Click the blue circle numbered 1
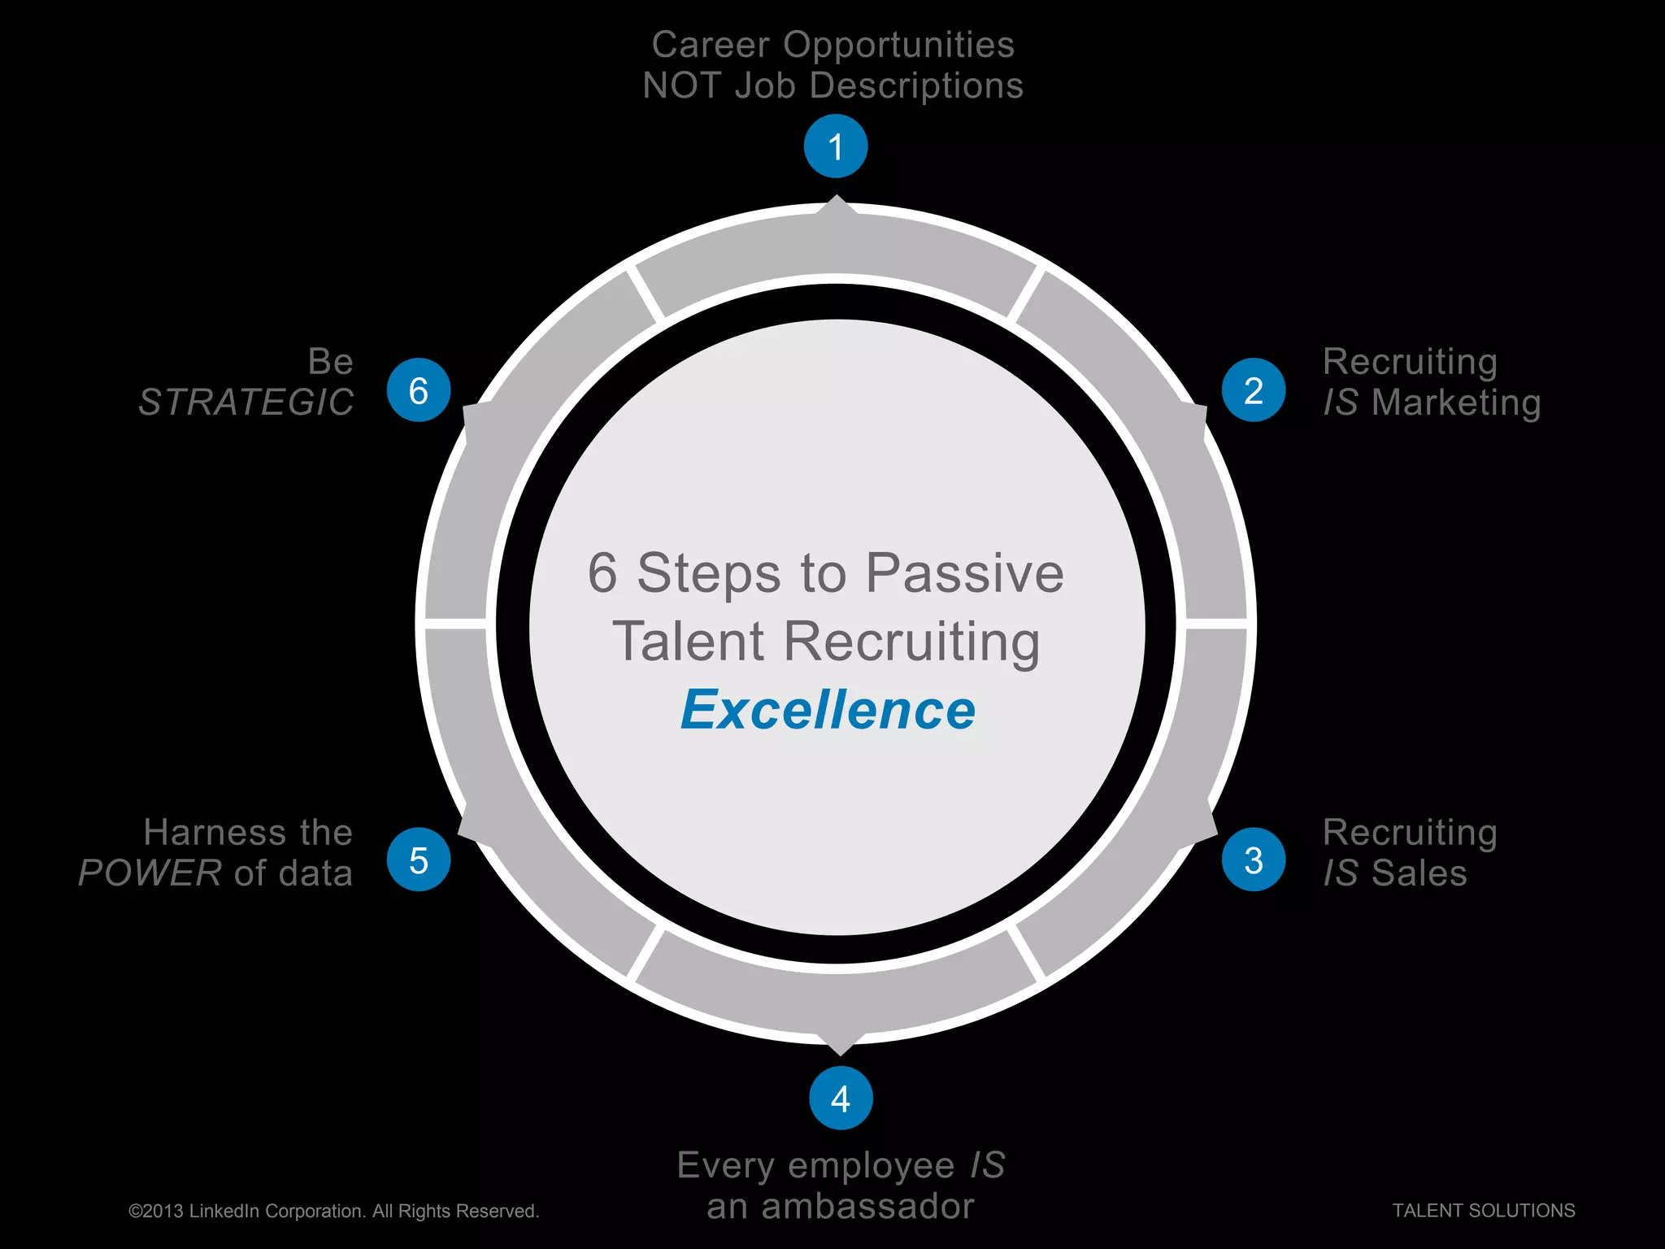click(x=836, y=146)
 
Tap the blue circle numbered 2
click(x=1254, y=390)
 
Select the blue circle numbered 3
click(x=1254, y=860)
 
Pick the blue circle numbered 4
click(x=841, y=1099)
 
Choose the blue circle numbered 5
click(x=419, y=860)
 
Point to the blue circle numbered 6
click(x=419, y=390)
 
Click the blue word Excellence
click(x=828, y=710)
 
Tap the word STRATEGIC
click(x=246, y=403)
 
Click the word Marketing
click(x=1456, y=403)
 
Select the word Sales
click(x=1419, y=873)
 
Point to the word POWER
click(x=150, y=873)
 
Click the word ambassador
click(x=867, y=1207)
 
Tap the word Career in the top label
click(x=711, y=45)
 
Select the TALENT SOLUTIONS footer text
click(x=1484, y=1211)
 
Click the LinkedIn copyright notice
click(x=334, y=1212)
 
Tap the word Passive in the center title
click(x=964, y=573)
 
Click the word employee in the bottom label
click(x=872, y=1166)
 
